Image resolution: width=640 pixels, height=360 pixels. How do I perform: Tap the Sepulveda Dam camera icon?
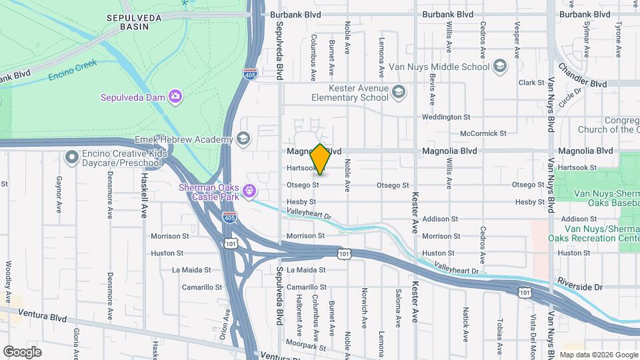[x=175, y=97]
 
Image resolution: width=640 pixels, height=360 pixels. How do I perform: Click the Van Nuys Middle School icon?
[x=499, y=66]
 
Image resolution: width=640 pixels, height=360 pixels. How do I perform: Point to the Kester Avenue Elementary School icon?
[x=399, y=92]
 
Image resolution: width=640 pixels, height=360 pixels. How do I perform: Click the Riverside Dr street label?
[x=580, y=287]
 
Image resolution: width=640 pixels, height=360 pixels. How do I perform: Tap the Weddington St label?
[x=446, y=117]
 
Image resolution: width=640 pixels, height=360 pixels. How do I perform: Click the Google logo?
[x=22, y=352]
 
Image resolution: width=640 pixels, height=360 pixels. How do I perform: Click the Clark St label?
[x=531, y=83]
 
